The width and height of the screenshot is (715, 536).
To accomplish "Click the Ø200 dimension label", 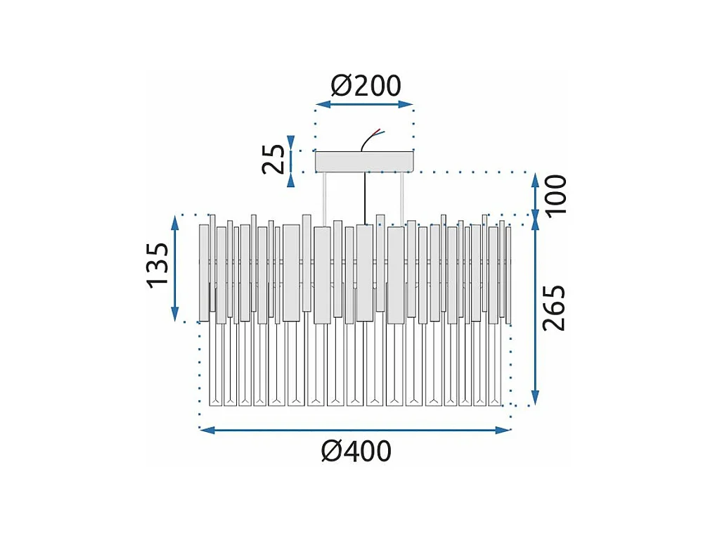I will pyautogui.click(x=366, y=86).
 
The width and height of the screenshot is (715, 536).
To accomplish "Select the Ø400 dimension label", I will pyautogui.click(x=356, y=451).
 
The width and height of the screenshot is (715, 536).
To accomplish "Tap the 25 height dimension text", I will pyautogui.click(x=275, y=159).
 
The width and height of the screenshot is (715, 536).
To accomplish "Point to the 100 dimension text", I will pyautogui.click(x=556, y=193).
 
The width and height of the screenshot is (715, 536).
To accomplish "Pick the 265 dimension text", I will pyautogui.click(x=555, y=307).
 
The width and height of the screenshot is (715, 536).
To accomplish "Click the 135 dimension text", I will pyautogui.click(x=158, y=265).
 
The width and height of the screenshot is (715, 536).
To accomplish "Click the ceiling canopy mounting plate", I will pyautogui.click(x=364, y=162).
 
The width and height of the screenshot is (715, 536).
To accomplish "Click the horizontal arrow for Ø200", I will pyautogui.click(x=364, y=105).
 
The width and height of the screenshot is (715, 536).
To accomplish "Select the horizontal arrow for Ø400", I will pyautogui.click(x=355, y=429).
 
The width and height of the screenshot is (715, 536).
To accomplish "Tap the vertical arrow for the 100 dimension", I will pyautogui.click(x=536, y=195).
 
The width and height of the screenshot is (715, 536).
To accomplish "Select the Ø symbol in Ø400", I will pyautogui.click(x=332, y=451).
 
